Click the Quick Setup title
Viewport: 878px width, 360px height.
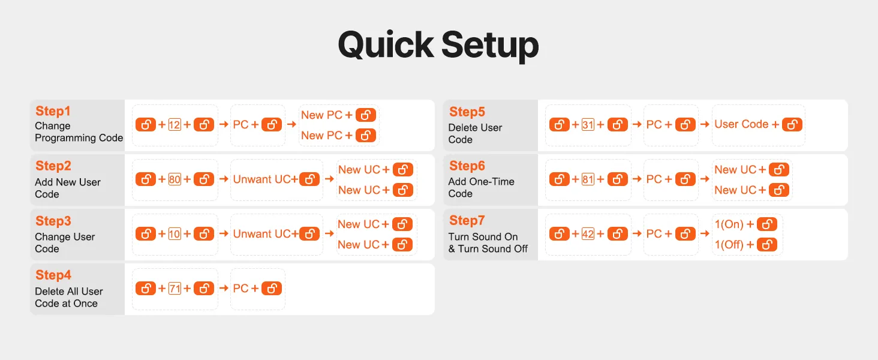(x=438, y=46)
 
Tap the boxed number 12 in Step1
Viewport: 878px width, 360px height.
(x=175, y=125)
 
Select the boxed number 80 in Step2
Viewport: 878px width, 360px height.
(x=175, y=179)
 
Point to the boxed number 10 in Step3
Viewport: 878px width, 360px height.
(x=175, y=234)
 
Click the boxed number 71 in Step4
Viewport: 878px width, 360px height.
(x=175, y=288)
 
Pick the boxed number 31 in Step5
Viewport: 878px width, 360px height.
(x=588, y=125)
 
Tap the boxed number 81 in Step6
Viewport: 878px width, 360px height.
(x=588, y=179)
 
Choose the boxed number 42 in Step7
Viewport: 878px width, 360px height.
(x=588, y=234)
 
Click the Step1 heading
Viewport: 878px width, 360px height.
(x=53, y=111)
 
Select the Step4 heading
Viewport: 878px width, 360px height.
(x=53, y=275)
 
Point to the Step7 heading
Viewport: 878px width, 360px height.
(x=467, y=220)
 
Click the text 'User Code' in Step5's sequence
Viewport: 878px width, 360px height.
(x=741, y=124)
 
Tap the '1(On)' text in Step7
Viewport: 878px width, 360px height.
(x=729, y=224)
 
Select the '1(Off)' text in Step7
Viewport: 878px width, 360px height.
(x=729, y=244)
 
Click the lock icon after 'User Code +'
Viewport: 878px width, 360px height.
(x=792, y=124)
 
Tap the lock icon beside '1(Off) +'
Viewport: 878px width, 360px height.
(x=767, y=244)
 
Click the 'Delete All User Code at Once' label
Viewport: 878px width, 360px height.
(x=68, y=297)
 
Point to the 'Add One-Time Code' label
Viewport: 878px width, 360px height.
(x=482, y=187)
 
